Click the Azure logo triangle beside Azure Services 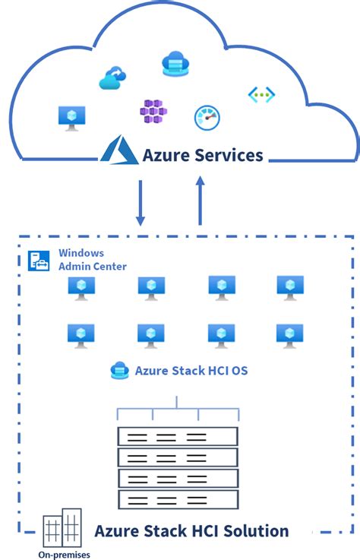(119, 150)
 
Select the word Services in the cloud (226, 155)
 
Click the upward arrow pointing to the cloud (201, 201)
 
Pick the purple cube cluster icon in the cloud (153, 112)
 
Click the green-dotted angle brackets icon (261, 95)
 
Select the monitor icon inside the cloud (72, 116)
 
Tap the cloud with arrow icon (113, 78)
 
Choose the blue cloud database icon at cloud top (175, 64)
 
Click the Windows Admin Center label (93, 259)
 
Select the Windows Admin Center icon (39, 260)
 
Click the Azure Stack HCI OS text (191, 371)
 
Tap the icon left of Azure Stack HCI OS (119, 370)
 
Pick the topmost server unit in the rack (178, 436)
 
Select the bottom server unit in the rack (178, 499)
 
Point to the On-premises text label (64, 555)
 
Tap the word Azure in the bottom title (115, 530)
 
